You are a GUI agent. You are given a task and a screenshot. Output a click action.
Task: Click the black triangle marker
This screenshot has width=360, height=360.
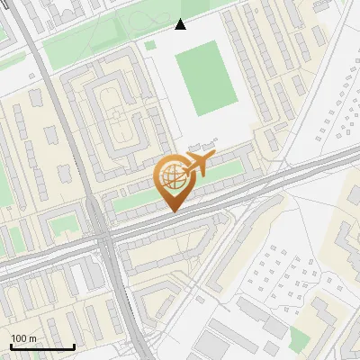(181, 24)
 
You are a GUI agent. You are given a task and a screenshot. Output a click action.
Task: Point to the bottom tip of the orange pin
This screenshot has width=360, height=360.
(172, 211)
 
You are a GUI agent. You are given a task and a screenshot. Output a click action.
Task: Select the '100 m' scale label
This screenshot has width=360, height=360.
(24, 337)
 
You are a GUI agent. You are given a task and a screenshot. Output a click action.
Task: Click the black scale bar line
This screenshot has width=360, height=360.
(42, 347)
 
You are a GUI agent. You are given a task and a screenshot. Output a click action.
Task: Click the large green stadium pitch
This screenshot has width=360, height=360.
(204, 79)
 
